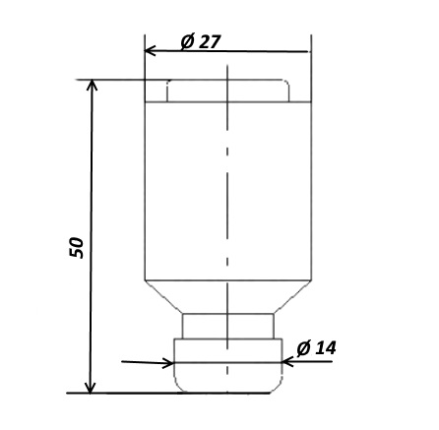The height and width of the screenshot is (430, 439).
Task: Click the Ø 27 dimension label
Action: [201, 41]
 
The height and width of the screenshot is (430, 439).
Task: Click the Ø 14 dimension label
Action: [316, 348]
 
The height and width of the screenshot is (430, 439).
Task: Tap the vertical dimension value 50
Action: [77, 247]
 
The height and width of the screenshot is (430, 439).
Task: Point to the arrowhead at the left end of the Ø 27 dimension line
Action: [150, 51]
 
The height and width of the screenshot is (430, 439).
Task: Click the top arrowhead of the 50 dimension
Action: [92, 85]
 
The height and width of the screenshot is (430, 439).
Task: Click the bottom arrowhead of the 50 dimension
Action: [91, 388]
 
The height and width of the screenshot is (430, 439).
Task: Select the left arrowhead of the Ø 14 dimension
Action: [168, 363]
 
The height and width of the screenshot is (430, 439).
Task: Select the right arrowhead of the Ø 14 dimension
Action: [287, 362]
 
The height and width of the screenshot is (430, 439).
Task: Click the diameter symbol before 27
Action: [187, 41]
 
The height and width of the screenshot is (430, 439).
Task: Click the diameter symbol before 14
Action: [303, 348]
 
